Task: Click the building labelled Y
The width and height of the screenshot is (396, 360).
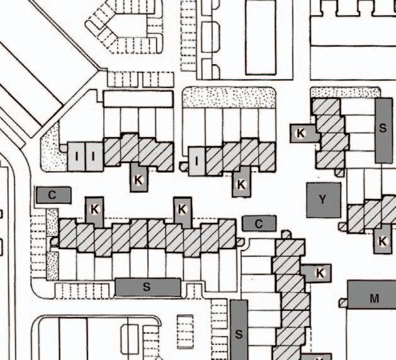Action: (x=323, y=200)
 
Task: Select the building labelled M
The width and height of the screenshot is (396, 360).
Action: (x=374, y=298)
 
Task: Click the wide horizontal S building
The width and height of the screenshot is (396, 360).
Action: (x=147, y=287)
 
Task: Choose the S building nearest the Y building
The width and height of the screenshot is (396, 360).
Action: (x=383, y=130)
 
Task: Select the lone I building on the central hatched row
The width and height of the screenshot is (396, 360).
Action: (x=197, y=160)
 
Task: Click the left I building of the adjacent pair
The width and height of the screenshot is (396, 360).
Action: (x=76, y=155)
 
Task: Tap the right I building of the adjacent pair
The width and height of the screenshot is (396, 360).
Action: (x=93, y=155)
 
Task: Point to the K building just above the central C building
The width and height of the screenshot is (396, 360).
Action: (x=240, y=184)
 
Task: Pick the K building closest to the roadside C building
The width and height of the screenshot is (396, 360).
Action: (x=94, y=209)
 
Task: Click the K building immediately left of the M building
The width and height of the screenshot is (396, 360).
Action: (x=320, y=273)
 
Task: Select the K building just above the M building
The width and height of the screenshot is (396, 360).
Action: (x=382, y=241)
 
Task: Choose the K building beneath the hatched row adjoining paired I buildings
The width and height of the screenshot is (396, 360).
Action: (x=139, y=179)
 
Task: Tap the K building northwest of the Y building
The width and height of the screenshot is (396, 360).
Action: (x=301, y=133)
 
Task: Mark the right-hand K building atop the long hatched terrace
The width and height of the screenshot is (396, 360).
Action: (x=182, y=209)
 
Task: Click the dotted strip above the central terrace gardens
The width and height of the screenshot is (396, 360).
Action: (x=229, y=98)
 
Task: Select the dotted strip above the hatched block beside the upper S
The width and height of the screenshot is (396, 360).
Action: (x=345, y=92)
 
